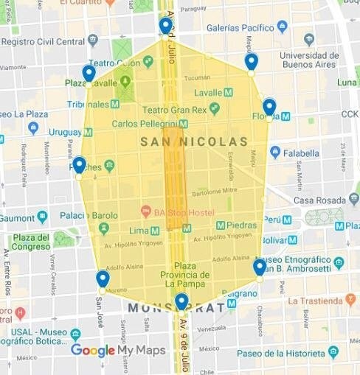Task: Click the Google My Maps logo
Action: tap(118, 351)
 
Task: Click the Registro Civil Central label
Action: tap(43, 42)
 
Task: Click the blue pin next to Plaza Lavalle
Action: tap(89, 73)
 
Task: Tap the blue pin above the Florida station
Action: tap(269, 107)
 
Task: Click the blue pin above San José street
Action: tap(103, 278)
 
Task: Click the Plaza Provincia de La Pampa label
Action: tap(186, 274)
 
